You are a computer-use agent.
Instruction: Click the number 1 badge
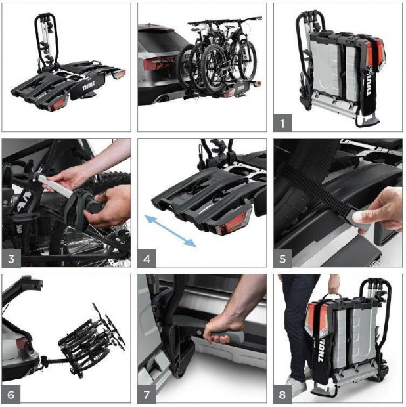[x=282, y=123]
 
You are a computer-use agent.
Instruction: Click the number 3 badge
[x=11, y=258]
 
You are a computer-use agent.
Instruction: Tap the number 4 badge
[x=147, y=258]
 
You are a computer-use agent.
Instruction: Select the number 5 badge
[x=282, y=258]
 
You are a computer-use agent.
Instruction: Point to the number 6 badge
[x=11, y=395]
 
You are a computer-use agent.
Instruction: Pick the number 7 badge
[x=147, y=395]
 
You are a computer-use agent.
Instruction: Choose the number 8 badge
[x=282, y=395]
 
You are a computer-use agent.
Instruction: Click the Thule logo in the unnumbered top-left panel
[x=89, y=85]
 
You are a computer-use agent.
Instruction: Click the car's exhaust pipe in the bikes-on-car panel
[x=164, y=99]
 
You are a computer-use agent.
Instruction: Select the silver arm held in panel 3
[x=57, y=184]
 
